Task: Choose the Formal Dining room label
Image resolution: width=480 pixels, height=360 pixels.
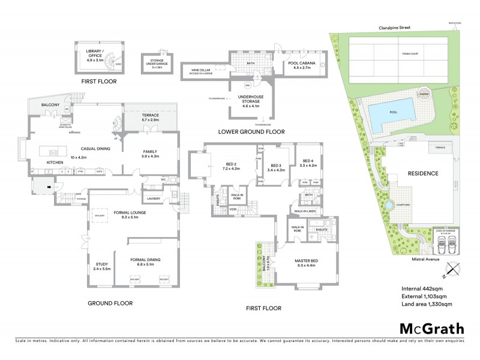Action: click(147, 260)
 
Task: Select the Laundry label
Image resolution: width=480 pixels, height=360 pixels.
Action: click(152, 199)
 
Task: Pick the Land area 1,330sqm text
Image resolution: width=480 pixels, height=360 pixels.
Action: click(426, 304)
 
